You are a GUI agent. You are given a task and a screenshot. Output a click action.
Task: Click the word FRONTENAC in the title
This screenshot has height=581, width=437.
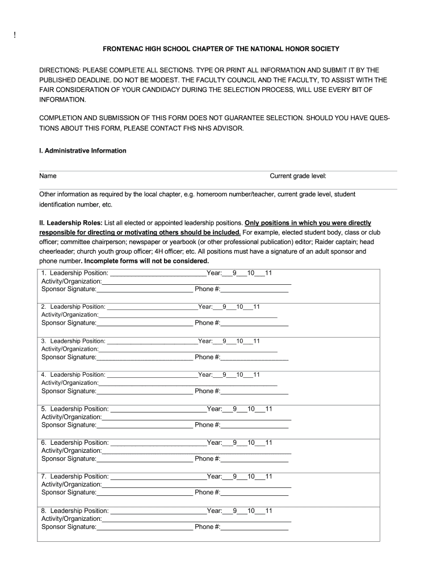click(123, 49)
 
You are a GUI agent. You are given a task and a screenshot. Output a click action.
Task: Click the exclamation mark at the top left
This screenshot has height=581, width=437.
click(15, 37)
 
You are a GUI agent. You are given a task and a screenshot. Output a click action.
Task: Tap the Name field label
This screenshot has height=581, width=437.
click(48, 176)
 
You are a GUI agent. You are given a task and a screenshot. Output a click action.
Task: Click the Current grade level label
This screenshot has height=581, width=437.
click(297, 176)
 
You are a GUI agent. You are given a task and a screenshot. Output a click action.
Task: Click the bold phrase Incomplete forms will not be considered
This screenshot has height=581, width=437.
click(146, 261)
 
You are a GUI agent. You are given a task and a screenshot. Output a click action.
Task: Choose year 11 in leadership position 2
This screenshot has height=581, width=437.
click(257, 307)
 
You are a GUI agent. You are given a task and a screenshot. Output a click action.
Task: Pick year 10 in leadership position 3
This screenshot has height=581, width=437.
click(240, 341)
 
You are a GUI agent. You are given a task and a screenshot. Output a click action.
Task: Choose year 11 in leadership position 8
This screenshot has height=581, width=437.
click(268, 511)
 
